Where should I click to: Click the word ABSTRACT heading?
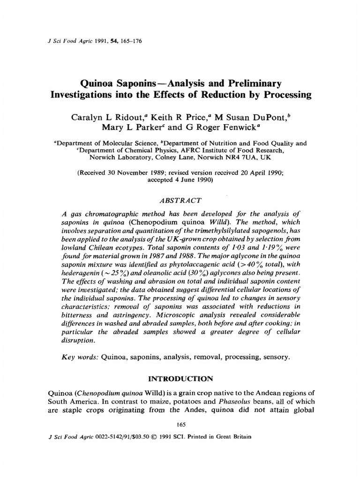coord(180,200)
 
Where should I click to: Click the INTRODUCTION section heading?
coord(180,378)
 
